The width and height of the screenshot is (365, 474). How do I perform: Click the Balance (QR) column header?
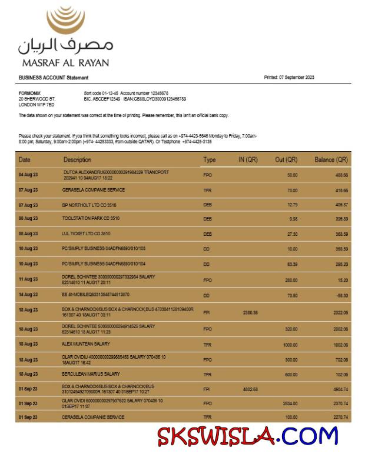pos(331,160)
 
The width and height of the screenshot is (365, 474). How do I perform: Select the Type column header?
pos(210,160)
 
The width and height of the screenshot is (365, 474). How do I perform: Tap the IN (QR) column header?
pos(248,160)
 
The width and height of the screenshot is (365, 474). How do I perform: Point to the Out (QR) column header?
pos(286,160)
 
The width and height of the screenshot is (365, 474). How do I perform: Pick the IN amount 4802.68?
pos(250,389)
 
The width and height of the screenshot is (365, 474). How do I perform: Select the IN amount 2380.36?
pos(250,313)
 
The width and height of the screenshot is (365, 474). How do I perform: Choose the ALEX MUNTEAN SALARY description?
pos(86,343)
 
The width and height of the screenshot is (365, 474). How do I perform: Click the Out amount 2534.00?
pos(289,403)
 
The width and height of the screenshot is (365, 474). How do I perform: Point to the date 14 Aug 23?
pos(28,295)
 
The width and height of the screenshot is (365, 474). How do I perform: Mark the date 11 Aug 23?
pos(28,279)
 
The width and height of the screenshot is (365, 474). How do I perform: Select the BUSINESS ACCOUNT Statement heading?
pos(54,78)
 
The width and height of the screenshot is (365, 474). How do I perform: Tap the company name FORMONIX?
pos(29,93)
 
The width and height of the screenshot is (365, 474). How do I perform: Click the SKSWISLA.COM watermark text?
pos(247,436)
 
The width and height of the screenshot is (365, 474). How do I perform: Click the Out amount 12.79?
pos(292,205)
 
